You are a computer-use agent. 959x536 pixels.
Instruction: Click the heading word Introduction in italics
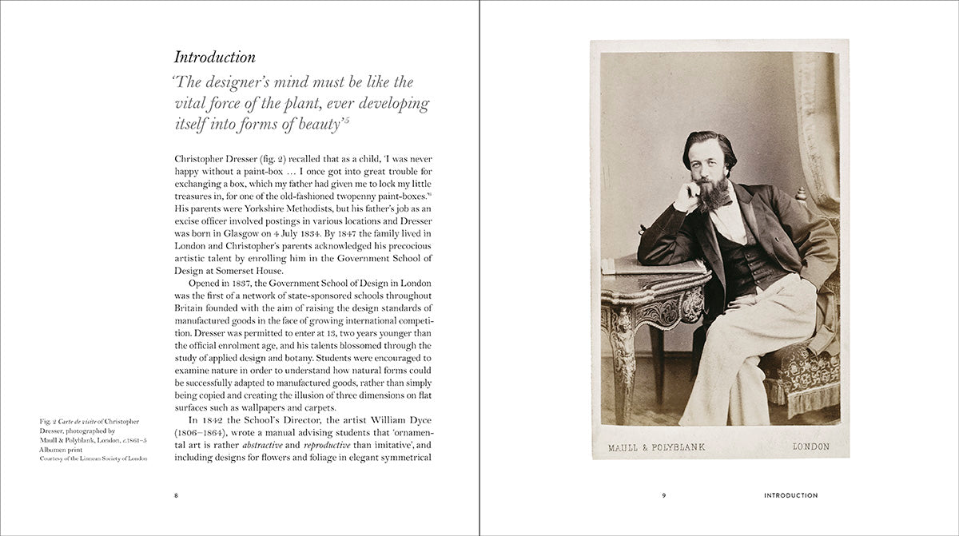(x=215, y=58)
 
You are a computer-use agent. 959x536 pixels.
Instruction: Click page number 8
(x=177, y=495)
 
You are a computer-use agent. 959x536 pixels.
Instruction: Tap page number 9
(x=663, y=495)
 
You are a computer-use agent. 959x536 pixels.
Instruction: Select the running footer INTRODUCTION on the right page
(x=790, y=495)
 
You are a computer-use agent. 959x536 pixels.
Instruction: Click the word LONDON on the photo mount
(x=810, y=447)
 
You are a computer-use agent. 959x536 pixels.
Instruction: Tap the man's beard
(x=713, y=193)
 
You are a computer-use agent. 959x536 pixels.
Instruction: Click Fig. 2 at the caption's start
(x=49, y=421)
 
